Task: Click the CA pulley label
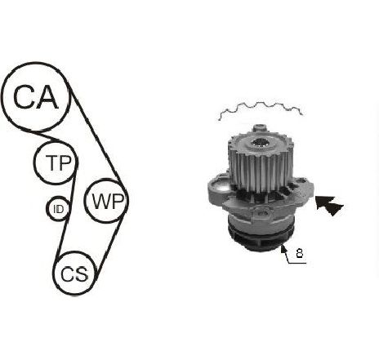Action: [x=36, y=97]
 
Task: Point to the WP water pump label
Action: [x=108, y=202]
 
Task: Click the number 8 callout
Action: [x=299, y=253]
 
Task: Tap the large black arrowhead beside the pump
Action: [x=329, y=205]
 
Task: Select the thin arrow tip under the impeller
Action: [x=283, y=247]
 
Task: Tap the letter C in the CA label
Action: [x=24, y=97]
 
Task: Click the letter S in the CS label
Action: [x=82, y=273]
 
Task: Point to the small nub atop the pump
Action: [x=259, y=127]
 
